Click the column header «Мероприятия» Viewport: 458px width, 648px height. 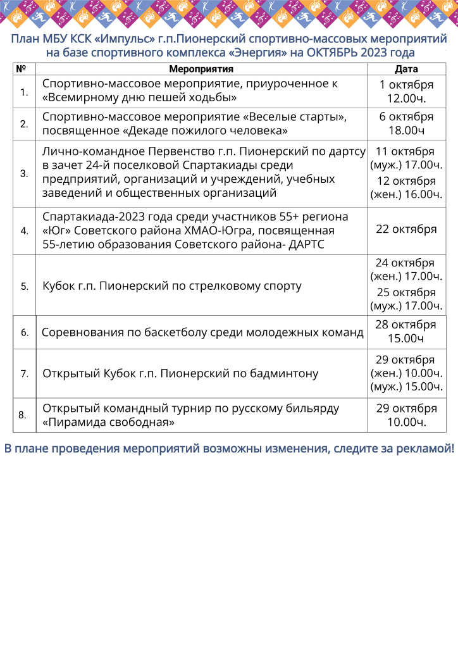pyautogui.click(x=202, y=69)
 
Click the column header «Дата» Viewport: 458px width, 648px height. pyautogui.click(x=406, y=69)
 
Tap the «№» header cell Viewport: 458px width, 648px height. pyautogui.click(x=21, y=69)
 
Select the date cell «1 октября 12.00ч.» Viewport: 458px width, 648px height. pyautogui.click(x=406, y=92)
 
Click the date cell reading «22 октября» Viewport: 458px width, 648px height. pyautogui.click(x=406, y=230)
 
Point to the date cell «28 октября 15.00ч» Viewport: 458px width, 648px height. pyautogui.click(x=406, y=332)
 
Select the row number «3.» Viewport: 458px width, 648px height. pyautogui.click(x=24, y=173)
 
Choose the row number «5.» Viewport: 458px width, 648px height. pyautogui.click(x=24, y=286)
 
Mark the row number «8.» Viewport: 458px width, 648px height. pyautogui.click(x=22, y=415)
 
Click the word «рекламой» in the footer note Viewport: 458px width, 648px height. pyautogui.click(x=423, y=449)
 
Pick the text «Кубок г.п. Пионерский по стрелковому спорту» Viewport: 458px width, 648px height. pyautogui.click(x=171, y=286)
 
